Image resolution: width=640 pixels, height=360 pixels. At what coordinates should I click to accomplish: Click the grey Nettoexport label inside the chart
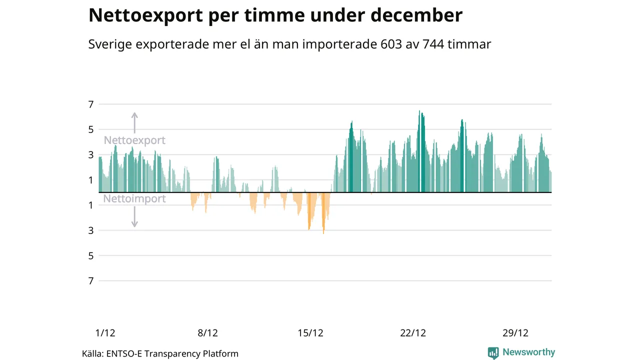[x=134, y=140]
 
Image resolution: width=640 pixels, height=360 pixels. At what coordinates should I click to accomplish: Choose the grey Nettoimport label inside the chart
[x=134, y=199]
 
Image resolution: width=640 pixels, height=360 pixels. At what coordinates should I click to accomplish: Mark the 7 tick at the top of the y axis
[x=90, y=104]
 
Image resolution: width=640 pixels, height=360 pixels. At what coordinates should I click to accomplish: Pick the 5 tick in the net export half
[x=90, y=129]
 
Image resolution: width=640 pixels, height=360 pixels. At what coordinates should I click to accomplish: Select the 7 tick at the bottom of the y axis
[x=90, y=281]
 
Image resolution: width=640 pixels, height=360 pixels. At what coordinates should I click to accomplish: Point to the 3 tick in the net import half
[x=90, y=230]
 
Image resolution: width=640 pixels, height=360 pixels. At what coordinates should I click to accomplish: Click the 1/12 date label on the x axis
[x=105, y=333]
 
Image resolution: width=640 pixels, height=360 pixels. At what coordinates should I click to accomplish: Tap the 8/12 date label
[x=207, y=333]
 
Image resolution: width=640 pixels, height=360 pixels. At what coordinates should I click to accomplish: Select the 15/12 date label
[x=310, y=333]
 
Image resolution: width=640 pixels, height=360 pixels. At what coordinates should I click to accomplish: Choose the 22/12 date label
[x=413, y=333]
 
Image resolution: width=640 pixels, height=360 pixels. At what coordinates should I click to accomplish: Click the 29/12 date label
[x=515, y=333]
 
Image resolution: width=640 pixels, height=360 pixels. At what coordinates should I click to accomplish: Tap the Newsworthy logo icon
[x=493, y=352]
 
